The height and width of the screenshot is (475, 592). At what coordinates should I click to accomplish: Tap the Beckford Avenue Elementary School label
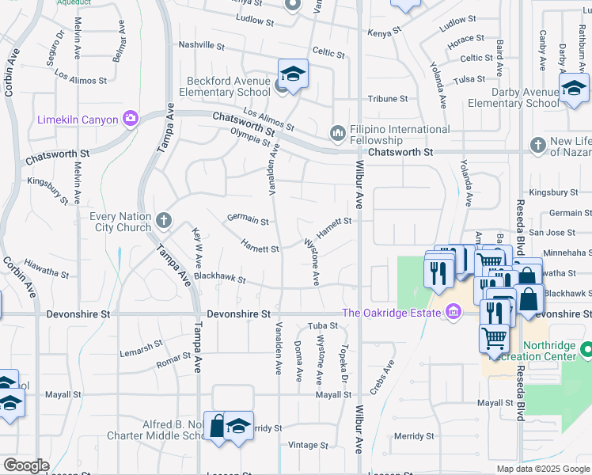(x=229, y=86)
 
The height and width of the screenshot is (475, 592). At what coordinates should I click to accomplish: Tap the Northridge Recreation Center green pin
(x=586, y=349)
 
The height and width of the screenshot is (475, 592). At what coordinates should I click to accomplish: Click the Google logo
(x=26, y=465)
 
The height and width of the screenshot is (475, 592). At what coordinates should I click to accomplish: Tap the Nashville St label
(x=203, y=44)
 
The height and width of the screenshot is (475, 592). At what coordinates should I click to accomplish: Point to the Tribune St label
(x=387, y=99)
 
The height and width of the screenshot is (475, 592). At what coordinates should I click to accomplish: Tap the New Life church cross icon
(x=538, y=145)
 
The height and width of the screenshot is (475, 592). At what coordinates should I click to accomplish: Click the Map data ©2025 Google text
(x=542, y=469)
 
